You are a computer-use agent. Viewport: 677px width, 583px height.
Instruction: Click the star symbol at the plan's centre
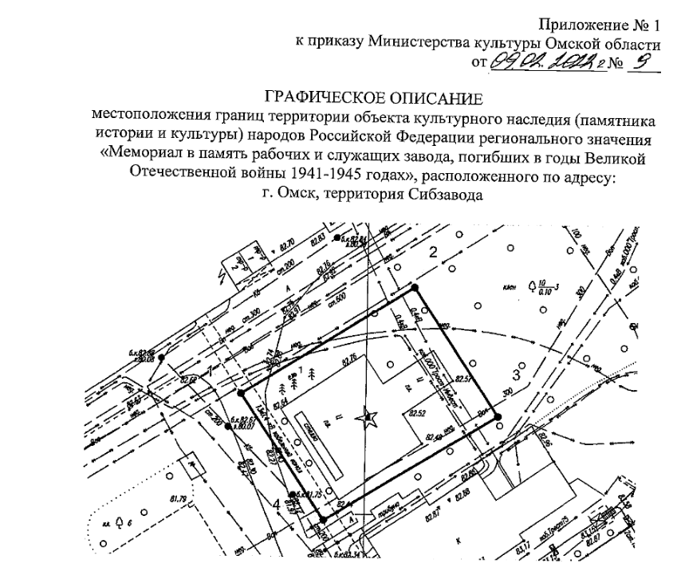(368, 416)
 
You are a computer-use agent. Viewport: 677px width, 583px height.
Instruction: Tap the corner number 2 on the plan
(435, 254)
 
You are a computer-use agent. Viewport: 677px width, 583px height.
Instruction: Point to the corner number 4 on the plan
(276, 503)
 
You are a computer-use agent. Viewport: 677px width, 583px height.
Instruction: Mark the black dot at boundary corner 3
(496, 416)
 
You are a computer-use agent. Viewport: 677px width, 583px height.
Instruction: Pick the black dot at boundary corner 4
(323, 519)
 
